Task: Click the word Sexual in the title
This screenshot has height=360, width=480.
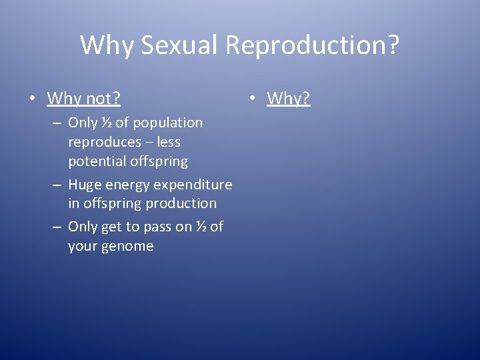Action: [180, 45]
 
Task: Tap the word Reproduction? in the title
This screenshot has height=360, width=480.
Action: [312, 45]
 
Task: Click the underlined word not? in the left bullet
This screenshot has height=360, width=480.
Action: [102, 99]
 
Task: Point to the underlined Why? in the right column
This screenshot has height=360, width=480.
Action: [289, 99]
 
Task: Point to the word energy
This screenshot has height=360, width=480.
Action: [129, 184]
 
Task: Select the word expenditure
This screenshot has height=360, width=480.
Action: [194, 184]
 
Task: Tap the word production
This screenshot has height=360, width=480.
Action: [181, 203]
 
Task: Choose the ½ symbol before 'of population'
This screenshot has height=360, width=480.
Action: [106, 123]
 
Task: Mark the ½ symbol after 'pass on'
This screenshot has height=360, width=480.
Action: [200, 227]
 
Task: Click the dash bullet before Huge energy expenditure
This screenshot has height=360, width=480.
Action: [57, 185]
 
